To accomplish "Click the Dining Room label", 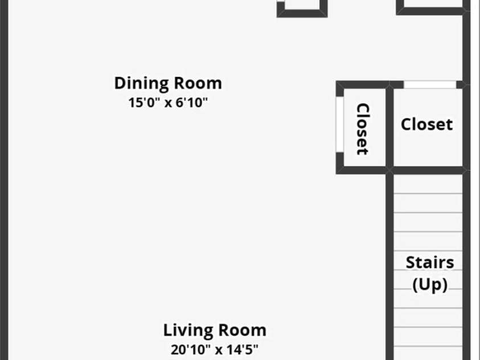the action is (x=168, y=83).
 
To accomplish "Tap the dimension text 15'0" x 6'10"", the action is (x=168, y=103).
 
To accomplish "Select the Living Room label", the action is (x=215, y=330).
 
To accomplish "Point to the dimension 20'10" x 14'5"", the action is (x=214, y=350).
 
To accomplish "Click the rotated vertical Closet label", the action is (x=363, y=129).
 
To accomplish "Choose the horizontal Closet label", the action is (x=426, y=124).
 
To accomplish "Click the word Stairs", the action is (x=430, y=263).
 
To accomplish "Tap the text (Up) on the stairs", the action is (x=430, y=285).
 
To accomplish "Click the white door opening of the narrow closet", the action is (x=340, y=124).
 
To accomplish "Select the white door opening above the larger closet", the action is (x=430, y=84).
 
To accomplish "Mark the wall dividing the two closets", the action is (x=389, y=128).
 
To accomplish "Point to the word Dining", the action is (x=141, y=83).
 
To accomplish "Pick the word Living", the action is (x=188, y=330).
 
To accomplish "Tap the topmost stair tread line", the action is (x=428, y=194).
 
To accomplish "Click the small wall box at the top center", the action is (x=302, y=9).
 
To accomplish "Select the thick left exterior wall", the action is (x=4, y=180).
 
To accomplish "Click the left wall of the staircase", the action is (x=389, y=267).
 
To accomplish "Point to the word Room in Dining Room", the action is (x=198, y=83).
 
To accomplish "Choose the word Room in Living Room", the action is (x=242, y=330).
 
